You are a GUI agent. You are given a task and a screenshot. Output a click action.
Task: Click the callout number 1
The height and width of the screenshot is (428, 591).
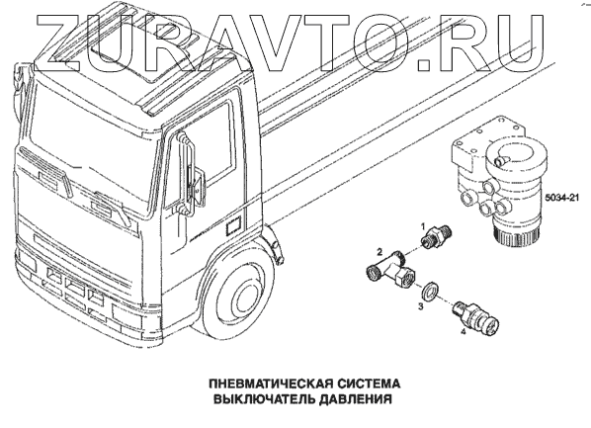point(423,226)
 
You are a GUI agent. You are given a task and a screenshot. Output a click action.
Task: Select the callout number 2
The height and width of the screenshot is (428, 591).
point(380,251)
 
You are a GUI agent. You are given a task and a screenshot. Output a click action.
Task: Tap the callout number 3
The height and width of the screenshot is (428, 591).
point(421,305)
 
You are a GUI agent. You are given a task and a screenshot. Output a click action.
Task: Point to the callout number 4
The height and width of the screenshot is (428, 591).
point(464,332)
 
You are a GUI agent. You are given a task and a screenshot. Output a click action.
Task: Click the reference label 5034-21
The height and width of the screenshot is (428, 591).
point(561,199)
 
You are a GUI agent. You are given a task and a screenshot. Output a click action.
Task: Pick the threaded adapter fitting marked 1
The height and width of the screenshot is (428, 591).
point(436,236)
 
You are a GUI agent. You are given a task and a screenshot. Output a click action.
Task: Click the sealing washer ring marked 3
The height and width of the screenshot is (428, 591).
point(430,292)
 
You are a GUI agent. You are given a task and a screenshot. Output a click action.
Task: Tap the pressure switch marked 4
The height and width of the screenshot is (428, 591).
point(475,318)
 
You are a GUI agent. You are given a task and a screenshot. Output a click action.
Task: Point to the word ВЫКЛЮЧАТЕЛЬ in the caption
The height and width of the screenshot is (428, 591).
point(264,399)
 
